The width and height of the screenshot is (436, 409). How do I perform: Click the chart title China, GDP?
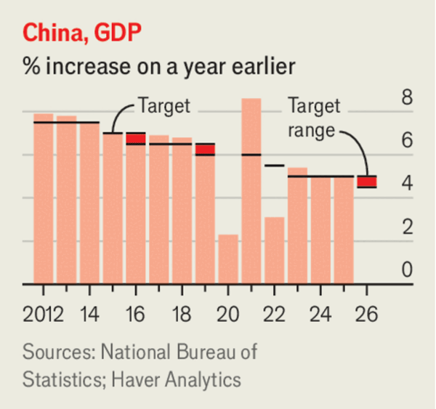(82, 32)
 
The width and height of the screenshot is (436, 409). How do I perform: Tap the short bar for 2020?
(228, 259)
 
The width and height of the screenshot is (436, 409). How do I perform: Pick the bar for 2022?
(274, 251)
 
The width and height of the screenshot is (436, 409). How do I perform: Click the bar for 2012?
(44, 199)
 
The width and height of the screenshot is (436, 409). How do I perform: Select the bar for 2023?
(297, 226)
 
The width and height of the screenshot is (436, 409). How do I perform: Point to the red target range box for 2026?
(366, 182)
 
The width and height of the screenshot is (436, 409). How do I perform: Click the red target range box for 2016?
(135, 138)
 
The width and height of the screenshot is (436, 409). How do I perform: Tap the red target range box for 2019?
(205, 149)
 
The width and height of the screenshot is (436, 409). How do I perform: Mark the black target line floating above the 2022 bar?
(274, 166)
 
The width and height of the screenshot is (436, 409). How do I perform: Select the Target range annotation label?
(314, 118)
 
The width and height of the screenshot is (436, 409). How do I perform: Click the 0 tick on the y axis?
(407, 270)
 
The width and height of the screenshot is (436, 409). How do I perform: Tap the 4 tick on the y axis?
(407, 184)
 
